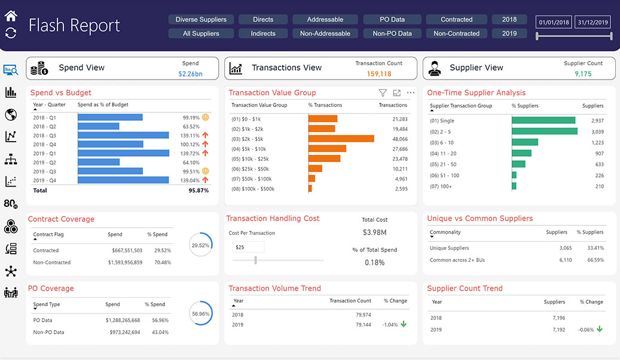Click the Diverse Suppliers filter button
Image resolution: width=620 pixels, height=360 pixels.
[201, 20]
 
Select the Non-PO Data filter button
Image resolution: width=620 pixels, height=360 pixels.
[392, 33]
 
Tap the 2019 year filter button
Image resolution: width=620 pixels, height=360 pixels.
[509, 33]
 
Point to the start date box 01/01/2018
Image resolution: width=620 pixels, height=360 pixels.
[553, 23]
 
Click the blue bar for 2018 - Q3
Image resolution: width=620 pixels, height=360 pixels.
[124, 135]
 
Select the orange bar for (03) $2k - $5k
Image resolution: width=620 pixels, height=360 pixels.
[341, 139]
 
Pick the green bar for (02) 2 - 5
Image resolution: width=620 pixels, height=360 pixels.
[544, 132]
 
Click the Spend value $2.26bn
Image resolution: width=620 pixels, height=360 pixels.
[190, 74]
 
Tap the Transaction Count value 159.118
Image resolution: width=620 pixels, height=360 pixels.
[379, 74]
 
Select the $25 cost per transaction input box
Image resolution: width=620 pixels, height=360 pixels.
[248, 247]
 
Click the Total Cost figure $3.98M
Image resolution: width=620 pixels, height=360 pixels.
[375, 232]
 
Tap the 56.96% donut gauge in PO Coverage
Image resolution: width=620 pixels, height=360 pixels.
[201, 313]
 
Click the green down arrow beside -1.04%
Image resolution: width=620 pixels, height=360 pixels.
[404, 325]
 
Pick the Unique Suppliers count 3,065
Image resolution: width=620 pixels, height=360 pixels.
[566, 248]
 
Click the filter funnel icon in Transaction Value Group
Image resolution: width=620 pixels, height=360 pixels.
[383, 93]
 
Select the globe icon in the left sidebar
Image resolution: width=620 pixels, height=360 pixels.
[10, 115]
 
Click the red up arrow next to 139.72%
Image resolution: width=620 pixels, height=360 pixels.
[205, 153]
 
